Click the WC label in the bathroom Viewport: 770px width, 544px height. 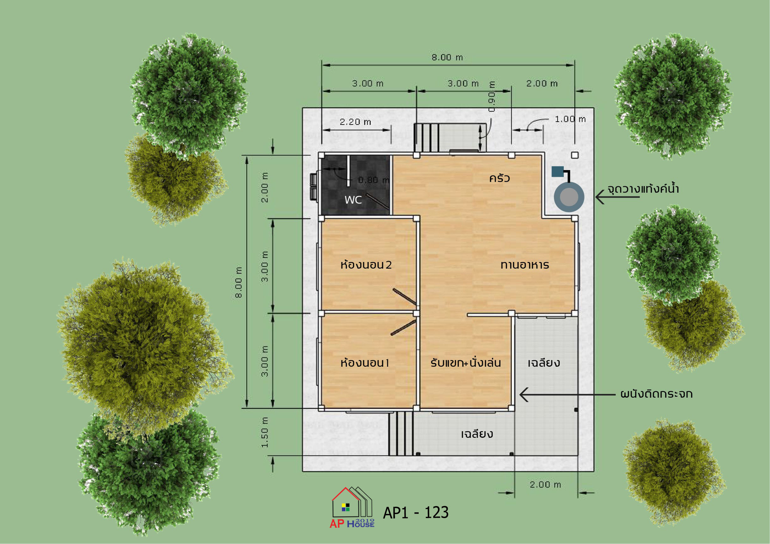pos(353,200)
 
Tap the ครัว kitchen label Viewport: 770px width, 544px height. pos(499,178)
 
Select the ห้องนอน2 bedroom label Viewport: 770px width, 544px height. pos(366,265)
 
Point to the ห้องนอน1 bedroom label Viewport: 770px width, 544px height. pos(365,362)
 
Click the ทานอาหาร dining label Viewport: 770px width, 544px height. pos(525,265)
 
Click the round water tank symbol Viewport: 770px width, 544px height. pos(569,197)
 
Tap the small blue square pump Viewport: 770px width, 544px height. pos(557,172)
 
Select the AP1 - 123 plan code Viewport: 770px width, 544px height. pos(416,512)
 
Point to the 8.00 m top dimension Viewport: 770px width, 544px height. pos(447,57)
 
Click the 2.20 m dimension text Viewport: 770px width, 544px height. pos(355,122)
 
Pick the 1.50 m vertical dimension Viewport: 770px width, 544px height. pos(265,432)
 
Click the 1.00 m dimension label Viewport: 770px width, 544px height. pos(570,119)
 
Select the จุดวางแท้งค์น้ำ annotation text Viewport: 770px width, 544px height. pos(643,189)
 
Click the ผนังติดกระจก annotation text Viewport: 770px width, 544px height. pos(656,394)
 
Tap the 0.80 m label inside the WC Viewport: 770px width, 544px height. pos(373,180)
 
